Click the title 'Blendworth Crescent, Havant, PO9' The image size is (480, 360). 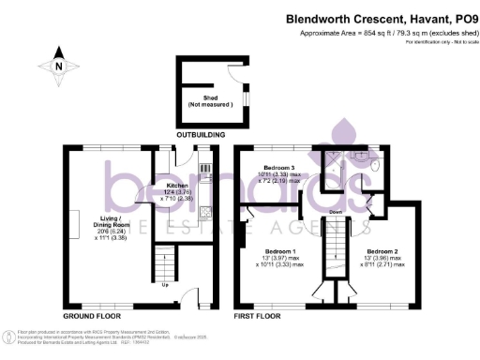[384, 17]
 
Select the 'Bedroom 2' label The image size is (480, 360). [384, 253]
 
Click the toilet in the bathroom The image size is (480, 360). [372, 169]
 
